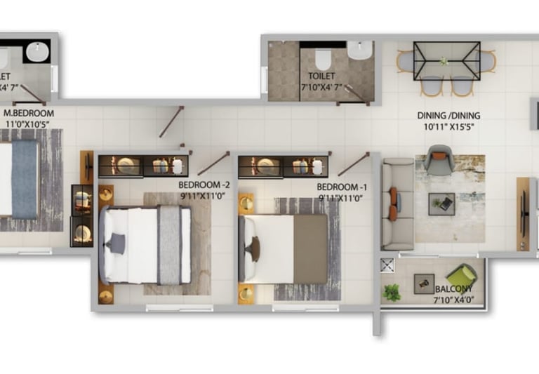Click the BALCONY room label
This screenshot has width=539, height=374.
pyautogui.click(x=453, y=289)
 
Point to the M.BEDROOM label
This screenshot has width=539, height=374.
pyautogui.click(x=29, y=112)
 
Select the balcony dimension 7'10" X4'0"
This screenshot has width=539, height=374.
pyautogui.click(x=453, y=300)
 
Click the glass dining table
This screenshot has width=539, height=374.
pyautogui.click(x=446, y=61)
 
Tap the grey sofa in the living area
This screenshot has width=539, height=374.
pyautogui.click(x=397, y=203)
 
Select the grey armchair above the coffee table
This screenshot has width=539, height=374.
pyautogui.click(x=439, y=161)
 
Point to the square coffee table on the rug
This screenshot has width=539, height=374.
pyautogui.click(x=441, y=204)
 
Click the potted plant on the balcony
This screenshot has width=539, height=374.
pyautogui.click(x=392, y=293)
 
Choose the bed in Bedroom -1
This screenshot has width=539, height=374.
pyautogui.click(x=284, y=248)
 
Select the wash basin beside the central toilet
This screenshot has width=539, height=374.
pyautogui.click(x=360, y=51)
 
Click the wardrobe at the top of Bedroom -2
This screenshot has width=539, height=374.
pyautogui.click(x=142, y=166)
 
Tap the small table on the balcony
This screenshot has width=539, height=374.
pyautogui.click(x=423, y=282)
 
